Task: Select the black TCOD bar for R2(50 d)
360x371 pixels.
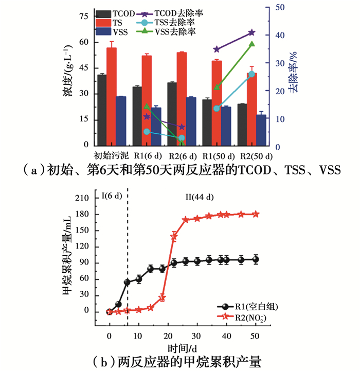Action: tap(242, 125)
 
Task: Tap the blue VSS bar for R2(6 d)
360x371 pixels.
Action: tap(191, 121)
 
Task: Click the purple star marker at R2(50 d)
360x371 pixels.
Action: tap(251, 32)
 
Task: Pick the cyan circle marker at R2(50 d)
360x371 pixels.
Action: tap(251, 74)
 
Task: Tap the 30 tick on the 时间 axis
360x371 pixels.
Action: tap(195, 335)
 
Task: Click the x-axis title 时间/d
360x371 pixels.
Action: tap(184, 348)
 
